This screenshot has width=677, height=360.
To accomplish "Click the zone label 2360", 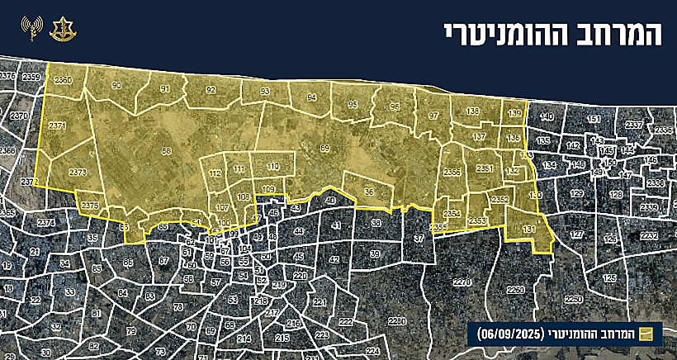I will [63, 80].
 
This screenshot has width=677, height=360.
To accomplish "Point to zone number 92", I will [211, 89].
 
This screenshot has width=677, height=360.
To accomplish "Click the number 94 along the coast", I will [311, 97].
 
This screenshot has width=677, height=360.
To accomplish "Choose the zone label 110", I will [272, 167].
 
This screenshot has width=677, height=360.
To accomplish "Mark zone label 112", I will [215, 174].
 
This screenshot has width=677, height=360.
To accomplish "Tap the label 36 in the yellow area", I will [368, 192].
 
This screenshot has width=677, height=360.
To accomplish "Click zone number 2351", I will [485, 168].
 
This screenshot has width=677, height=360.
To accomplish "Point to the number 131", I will [529, 229].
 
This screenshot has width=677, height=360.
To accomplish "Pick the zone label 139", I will [514, 113].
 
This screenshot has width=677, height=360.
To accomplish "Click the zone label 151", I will [593, 120].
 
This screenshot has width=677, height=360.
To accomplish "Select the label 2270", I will [462, 282].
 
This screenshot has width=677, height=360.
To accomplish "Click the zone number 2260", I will [516, 291].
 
